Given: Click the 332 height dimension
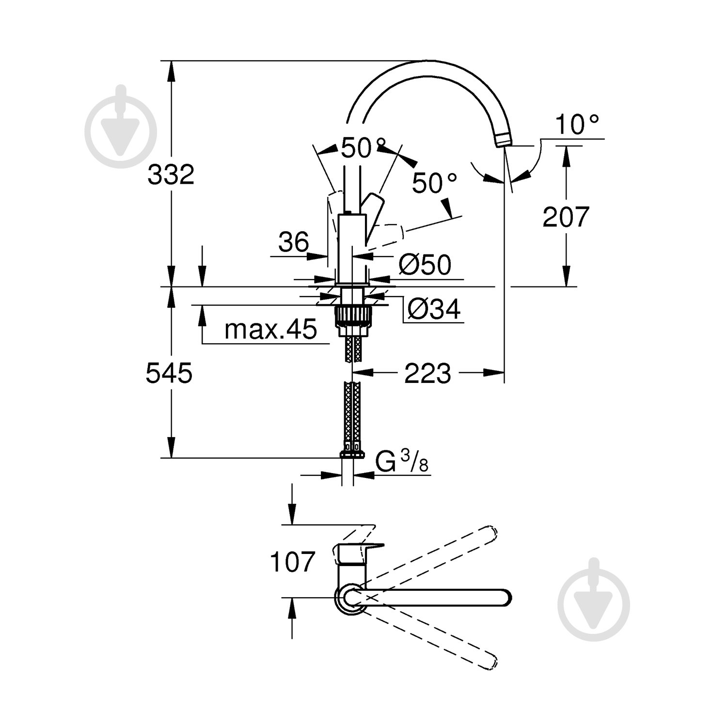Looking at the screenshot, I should coord(171,174).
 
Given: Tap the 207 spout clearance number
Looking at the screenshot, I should coord(565,217).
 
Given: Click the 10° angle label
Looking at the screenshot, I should coord(577,125).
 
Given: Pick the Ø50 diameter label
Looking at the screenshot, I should coord(425,265).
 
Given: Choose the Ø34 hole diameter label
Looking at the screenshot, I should coord(433,309).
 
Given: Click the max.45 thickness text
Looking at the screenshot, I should coord(270,330).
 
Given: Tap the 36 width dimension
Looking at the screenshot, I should coord(293,242).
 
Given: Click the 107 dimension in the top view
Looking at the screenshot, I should coord(292,562).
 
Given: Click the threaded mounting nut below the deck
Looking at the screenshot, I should coord(352,316).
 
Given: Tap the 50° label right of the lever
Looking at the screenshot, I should coord(434,183).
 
